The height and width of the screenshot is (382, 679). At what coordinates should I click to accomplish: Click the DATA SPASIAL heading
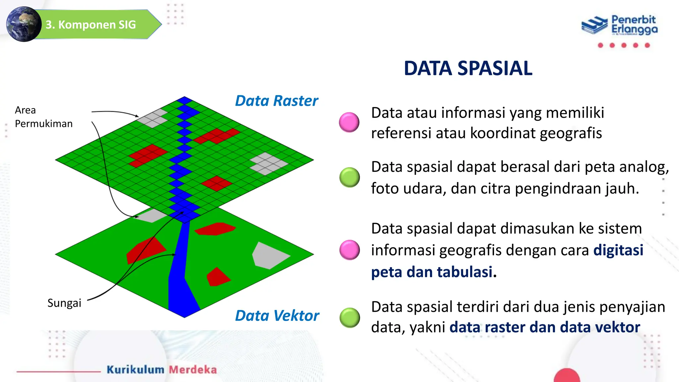click(x=468, y=68)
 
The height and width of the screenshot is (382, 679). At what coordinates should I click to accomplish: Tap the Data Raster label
click(x=276, y=101)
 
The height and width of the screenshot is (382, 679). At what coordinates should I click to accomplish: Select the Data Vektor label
click(x=277, y=316)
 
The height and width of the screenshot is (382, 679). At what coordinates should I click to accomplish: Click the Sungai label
click(x=64, y=303)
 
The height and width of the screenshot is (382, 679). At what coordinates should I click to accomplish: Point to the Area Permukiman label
click(x=43, y=117)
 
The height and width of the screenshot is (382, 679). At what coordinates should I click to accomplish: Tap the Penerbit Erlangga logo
click(x=619, y=25)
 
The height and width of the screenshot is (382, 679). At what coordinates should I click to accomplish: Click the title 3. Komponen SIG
click(x=91, y=25)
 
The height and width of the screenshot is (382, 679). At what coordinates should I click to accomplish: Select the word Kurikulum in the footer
click(x=135, y=369)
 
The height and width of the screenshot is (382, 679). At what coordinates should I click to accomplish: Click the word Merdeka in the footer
click(x=193, y=369)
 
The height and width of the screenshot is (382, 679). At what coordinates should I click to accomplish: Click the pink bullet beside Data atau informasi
click(x=349, y=122)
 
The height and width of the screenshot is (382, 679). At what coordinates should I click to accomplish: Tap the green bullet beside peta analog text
click(x=349, y=177)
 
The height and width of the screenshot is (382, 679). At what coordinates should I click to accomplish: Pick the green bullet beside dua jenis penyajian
click(x=349, y=317)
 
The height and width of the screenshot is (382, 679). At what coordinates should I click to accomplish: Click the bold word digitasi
click(x=618, y=250)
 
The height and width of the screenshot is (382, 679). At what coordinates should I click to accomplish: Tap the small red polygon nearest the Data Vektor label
click(x=217, y=277)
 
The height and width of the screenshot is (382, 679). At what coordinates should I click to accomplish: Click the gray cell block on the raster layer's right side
click(x=269, y=163)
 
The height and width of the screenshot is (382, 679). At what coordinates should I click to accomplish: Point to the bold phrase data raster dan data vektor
click(x=544, y=327)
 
